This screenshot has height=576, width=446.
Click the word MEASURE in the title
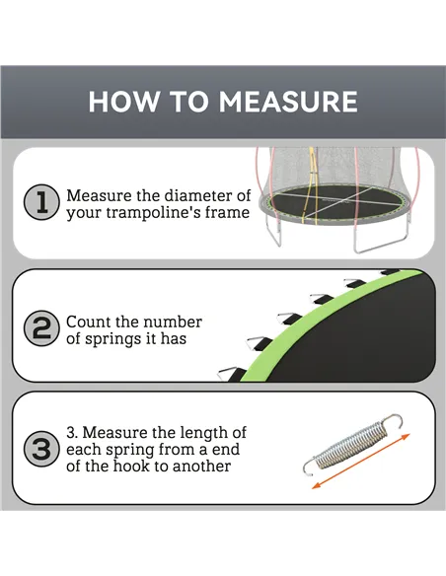[288, 102]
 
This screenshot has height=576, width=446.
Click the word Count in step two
[88, 323]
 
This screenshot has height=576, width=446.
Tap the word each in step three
[85, 449]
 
